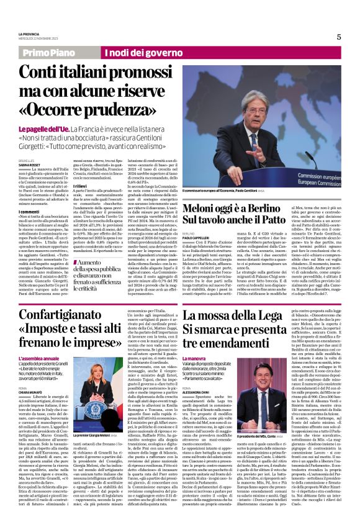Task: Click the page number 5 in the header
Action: point(339,37)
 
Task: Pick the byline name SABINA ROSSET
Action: point(29,163)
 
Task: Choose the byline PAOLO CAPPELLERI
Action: point(197,236)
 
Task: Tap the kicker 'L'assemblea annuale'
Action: point(41,359)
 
